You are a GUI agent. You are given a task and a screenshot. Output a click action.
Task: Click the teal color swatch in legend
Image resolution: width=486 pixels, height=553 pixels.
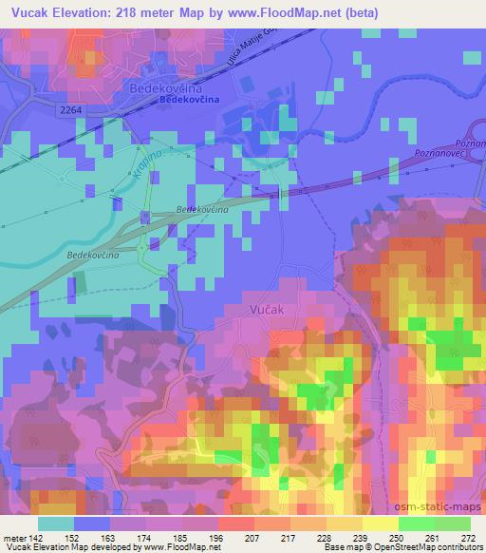(x=56, y=524)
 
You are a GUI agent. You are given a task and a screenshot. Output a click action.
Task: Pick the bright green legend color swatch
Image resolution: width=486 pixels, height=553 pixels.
(x=416, y=524)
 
